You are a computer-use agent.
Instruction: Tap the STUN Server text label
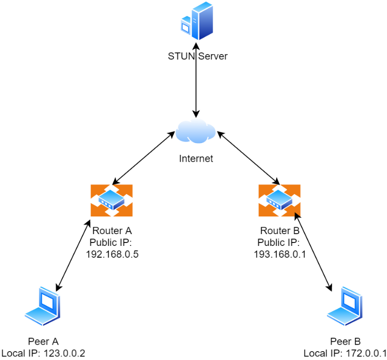click(x=197, y=56)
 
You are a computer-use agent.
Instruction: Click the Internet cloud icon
click(x=195, y=131)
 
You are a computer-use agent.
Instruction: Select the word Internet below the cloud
click(x=196, y=159)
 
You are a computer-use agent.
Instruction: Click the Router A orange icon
click(x=112, y=200)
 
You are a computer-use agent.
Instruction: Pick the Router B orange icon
click(x=279, y=200)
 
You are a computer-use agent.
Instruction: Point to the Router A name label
click(x=112, y=231)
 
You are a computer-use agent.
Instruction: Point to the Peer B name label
click(x=345, y=341)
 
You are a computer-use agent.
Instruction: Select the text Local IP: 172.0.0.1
click(x=345, y=353)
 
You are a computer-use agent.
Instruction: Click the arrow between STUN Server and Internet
click(x=196, y=81)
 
